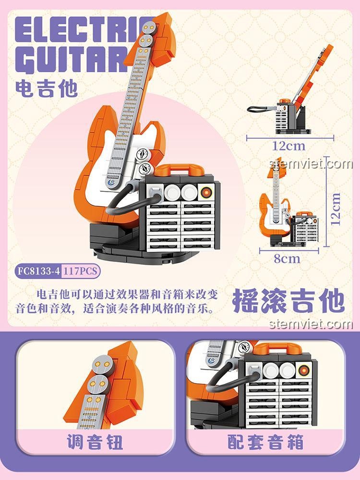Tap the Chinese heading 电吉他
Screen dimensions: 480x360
[x=46, y=88]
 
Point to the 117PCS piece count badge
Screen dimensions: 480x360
[x=80, y=271]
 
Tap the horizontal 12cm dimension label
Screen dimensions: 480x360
[x=289, y=145]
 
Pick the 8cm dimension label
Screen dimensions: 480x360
[x=287, y=258]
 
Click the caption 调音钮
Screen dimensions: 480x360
[x=95, y=442]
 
